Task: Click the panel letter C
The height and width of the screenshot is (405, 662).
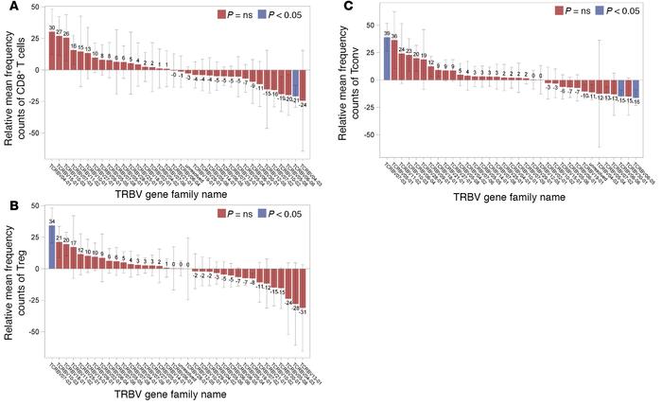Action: click(x=349, y=8)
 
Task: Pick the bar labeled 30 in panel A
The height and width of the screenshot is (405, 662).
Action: click(x=52, y=50)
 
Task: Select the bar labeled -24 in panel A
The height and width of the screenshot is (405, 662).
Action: click(x=304, y=85)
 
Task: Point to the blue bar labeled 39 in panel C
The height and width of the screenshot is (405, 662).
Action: click(x=386, y=59)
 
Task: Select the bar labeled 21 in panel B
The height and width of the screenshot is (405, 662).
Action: click(x=61, y=255)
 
